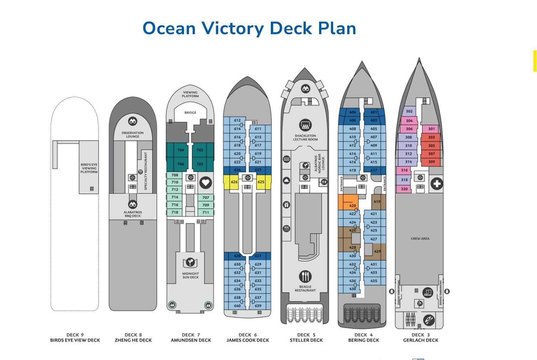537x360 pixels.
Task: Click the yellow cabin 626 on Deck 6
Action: click(x=234, y=182)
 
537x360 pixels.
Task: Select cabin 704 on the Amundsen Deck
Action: click(x=181, y=150)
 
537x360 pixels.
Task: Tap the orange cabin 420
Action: click(x=352, y=206)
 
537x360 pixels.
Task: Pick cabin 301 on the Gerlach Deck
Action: click(x=431, y=129)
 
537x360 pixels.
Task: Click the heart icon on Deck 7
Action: click(x=205, y=183)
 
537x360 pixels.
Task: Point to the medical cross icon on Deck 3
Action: click(x=437, y=184)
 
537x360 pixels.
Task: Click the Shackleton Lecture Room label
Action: click(x=305, y=137)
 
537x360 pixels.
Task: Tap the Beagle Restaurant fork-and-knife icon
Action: click(x=305, y=276)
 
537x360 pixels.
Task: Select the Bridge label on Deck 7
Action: click(x=190, y=113)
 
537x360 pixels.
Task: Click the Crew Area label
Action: click(x=420, y=239)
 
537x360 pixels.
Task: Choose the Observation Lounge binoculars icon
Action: click(x=133, y=121)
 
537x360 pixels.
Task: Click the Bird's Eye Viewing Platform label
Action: click(x=89, y=168)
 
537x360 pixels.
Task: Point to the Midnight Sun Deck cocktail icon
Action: click(x=190, y=263)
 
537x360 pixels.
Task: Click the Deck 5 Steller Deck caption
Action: click(x=306, y=338)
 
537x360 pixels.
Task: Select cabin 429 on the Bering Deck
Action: click(x=377, y=251)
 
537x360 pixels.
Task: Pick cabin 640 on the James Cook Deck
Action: click(x=237, y=306)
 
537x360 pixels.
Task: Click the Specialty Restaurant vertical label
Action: click(x=146, y=171)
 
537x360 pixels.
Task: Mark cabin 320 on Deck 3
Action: click(x=404, y=189)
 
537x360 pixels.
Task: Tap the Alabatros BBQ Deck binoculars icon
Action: click(x=133, y=205)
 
